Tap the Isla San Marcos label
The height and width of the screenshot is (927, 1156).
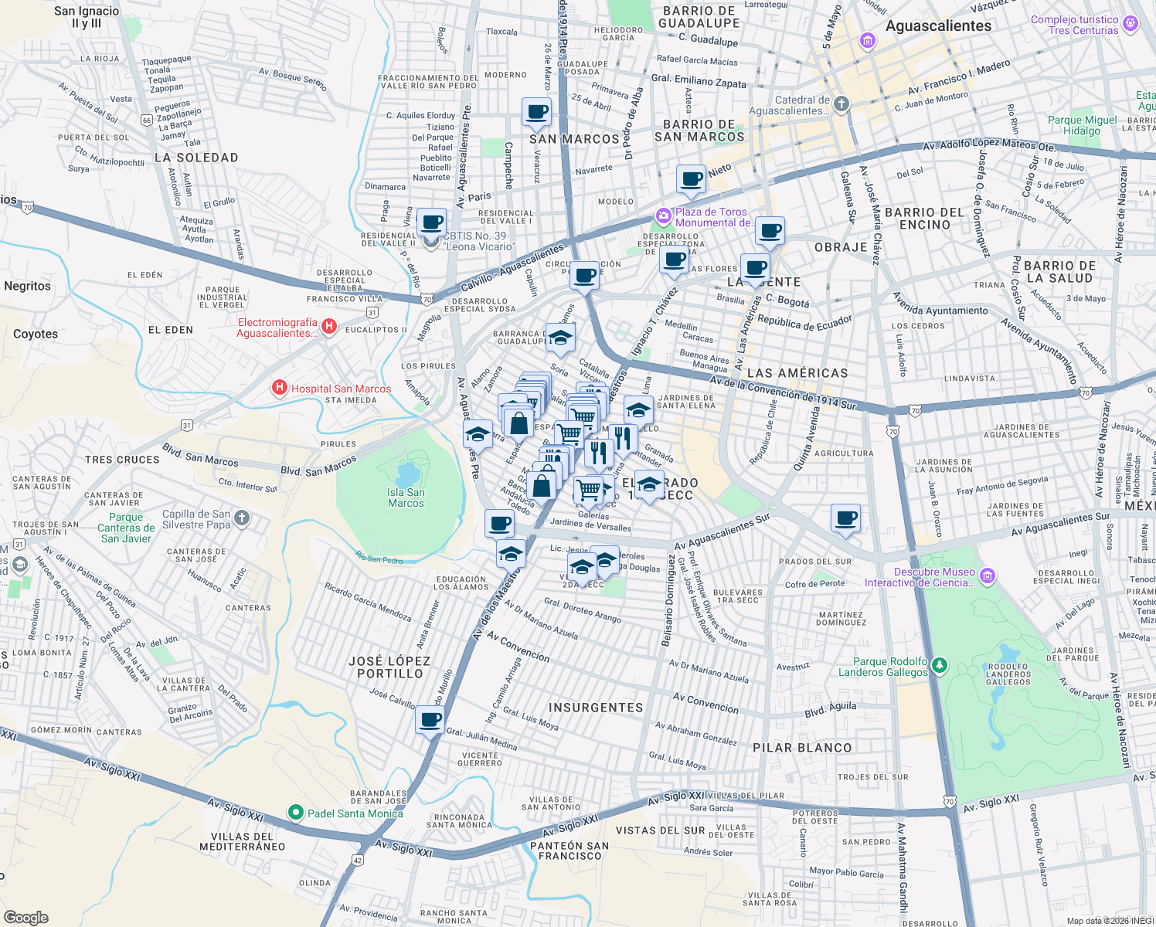[x=406, y=497]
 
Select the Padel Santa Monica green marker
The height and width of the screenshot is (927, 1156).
[x=295, y=813]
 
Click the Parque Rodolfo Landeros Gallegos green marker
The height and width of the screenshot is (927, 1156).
[x=939, y=665]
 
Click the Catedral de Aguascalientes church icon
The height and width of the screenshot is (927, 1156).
[x=841, y=104]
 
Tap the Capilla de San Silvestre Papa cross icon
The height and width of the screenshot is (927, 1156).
[x=242, y=518]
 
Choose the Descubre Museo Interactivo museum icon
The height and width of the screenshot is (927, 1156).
[x=988, y=576]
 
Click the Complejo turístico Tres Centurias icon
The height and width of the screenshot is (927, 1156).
[x=1130, y=23]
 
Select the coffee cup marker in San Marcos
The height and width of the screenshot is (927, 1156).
[x=536, y=113]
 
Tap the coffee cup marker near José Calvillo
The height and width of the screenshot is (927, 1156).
[x=430, y=721]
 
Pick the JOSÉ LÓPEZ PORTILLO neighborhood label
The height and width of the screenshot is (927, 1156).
[x=389, y=667]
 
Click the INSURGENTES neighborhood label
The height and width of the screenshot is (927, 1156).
[x=595, y=708]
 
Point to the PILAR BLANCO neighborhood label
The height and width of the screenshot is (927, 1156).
[x=802, y=748]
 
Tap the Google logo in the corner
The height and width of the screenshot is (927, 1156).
[x=25, y=917]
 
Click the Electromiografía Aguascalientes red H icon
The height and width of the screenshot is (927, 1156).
[x=329, y=327]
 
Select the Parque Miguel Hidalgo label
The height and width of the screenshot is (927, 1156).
[x=1082, y=125]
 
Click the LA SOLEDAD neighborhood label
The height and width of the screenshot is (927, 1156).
[x=196, y=158]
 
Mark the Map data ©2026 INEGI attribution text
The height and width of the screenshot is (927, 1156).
[x=1109, y=921]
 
